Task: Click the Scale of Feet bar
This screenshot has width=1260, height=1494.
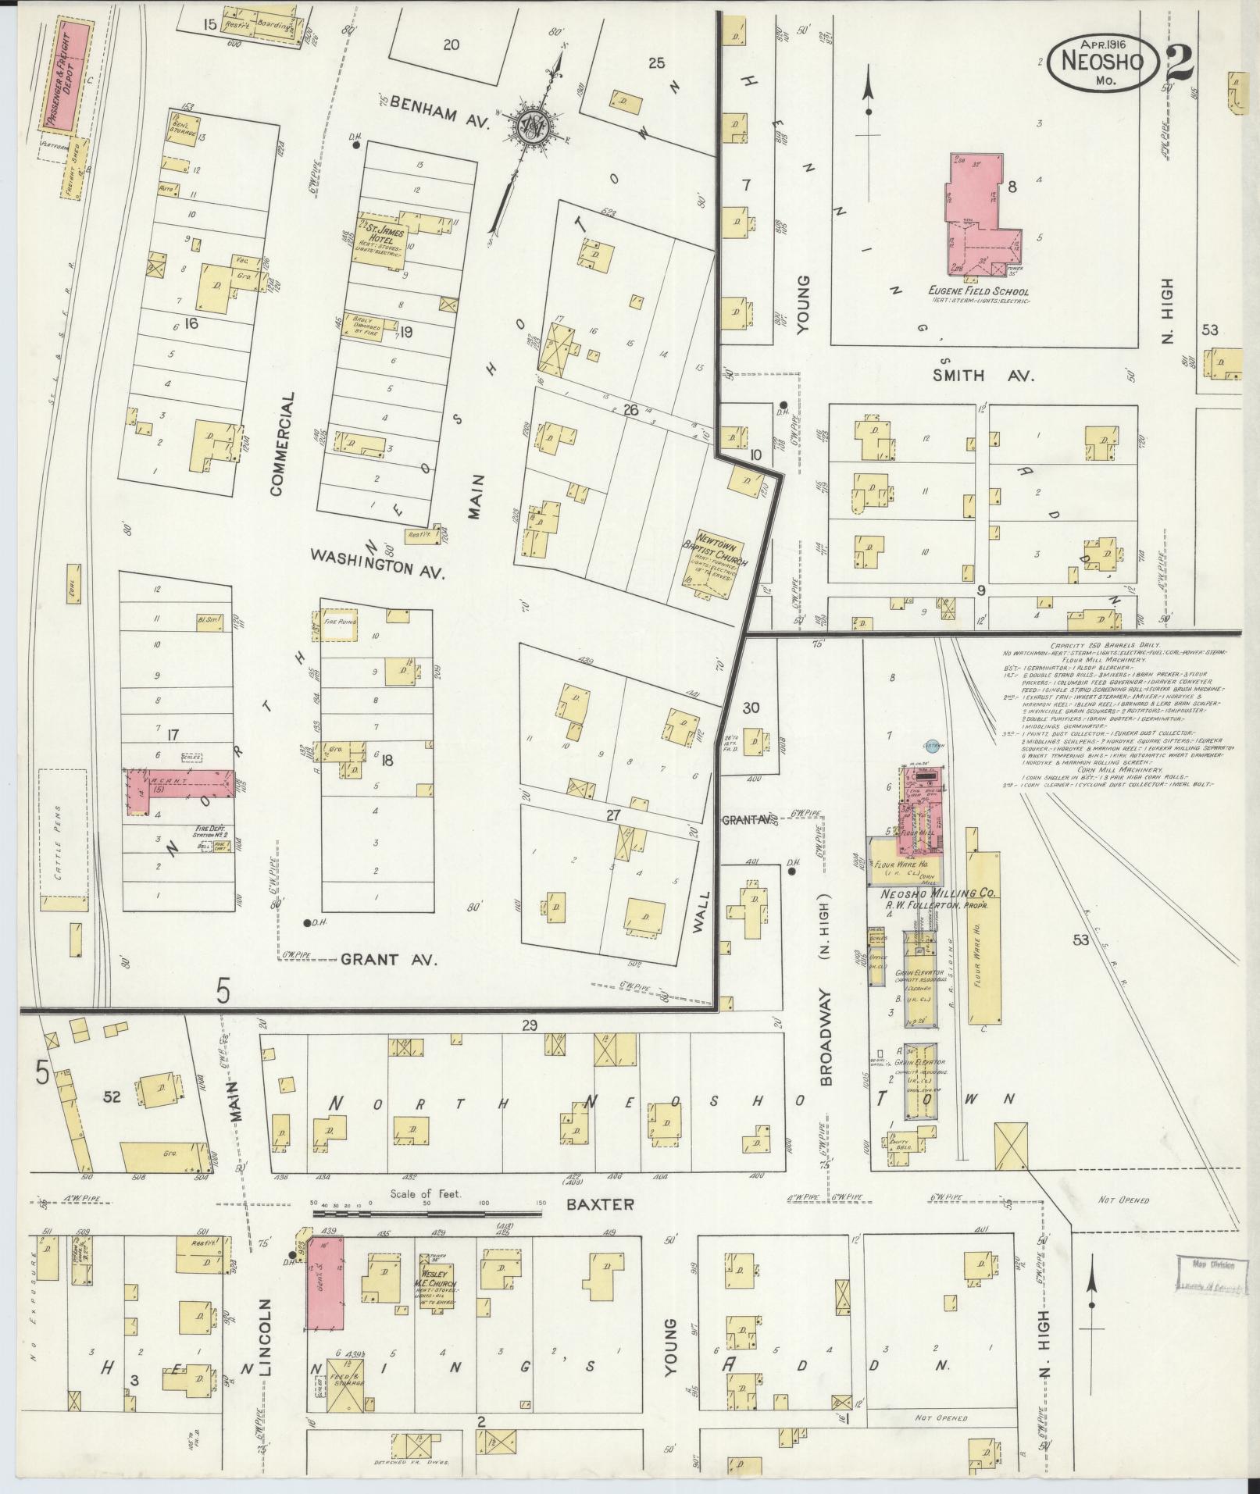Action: coord(427,1235)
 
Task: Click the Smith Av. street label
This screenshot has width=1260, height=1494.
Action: coord(983,376)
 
